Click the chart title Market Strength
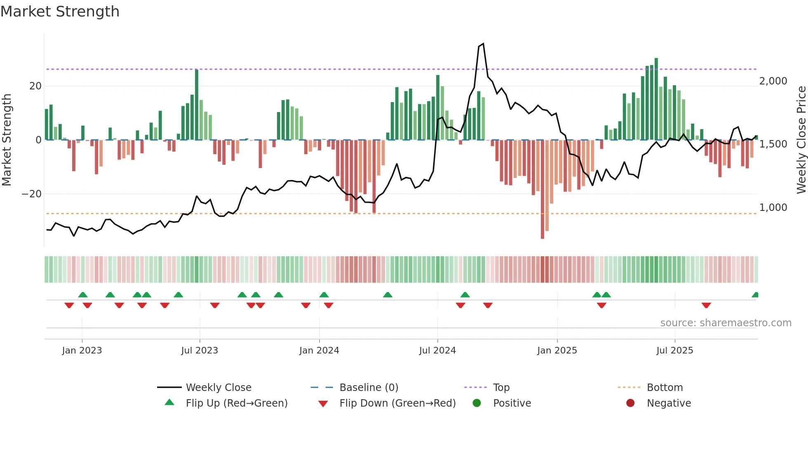(60, 12)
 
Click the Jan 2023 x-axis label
(82, 351)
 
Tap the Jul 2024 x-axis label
(437, 351)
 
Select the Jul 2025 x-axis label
(674, 351)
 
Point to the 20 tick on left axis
(35, 86)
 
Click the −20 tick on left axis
(32, 194)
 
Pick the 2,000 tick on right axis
(773, 81)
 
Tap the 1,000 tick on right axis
(773, 208)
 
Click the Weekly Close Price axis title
(801, 140)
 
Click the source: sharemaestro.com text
(726, 323)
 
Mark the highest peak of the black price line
(483, 44)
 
